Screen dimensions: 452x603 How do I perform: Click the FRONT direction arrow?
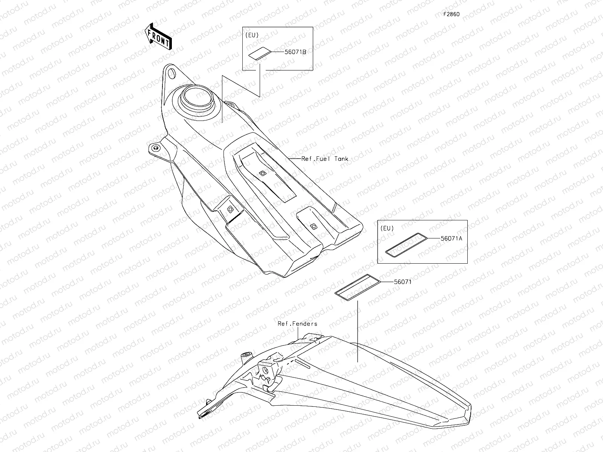[158, 36]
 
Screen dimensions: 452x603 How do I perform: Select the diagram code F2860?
[451, 14]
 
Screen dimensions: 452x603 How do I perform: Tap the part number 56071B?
[295, 52]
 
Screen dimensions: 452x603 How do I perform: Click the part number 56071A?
[451, 238]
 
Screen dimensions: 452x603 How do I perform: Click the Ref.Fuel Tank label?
[325, 159]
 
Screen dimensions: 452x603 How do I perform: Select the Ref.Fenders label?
[297, 324]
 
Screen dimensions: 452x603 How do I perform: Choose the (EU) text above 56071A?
[387, 228]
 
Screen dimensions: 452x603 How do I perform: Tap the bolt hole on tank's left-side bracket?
[154, 148]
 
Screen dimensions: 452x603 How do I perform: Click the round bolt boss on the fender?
[246, 354]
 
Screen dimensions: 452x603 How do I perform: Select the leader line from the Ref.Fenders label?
[298, 333]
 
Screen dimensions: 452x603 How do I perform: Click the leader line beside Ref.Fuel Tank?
[294, 159]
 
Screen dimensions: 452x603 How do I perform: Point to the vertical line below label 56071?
[357, 331]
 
